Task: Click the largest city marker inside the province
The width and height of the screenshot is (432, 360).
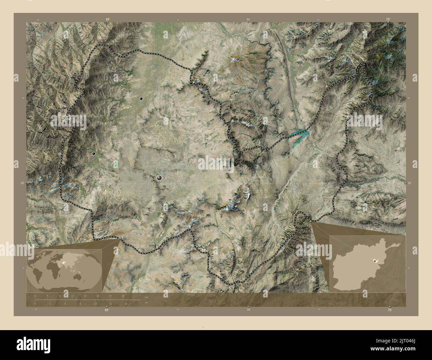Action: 160,178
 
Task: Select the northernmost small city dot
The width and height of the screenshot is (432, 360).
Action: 141,99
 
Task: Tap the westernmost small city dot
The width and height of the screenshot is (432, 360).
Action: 94,153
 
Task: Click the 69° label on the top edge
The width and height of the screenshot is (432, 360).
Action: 107,20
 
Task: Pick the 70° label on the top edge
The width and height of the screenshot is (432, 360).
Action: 388,20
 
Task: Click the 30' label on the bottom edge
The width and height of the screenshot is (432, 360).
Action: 248,310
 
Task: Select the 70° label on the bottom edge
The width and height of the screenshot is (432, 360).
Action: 389,310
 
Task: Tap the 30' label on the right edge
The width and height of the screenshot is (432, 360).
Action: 409,183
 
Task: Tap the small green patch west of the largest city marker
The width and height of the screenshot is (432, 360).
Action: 116,164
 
